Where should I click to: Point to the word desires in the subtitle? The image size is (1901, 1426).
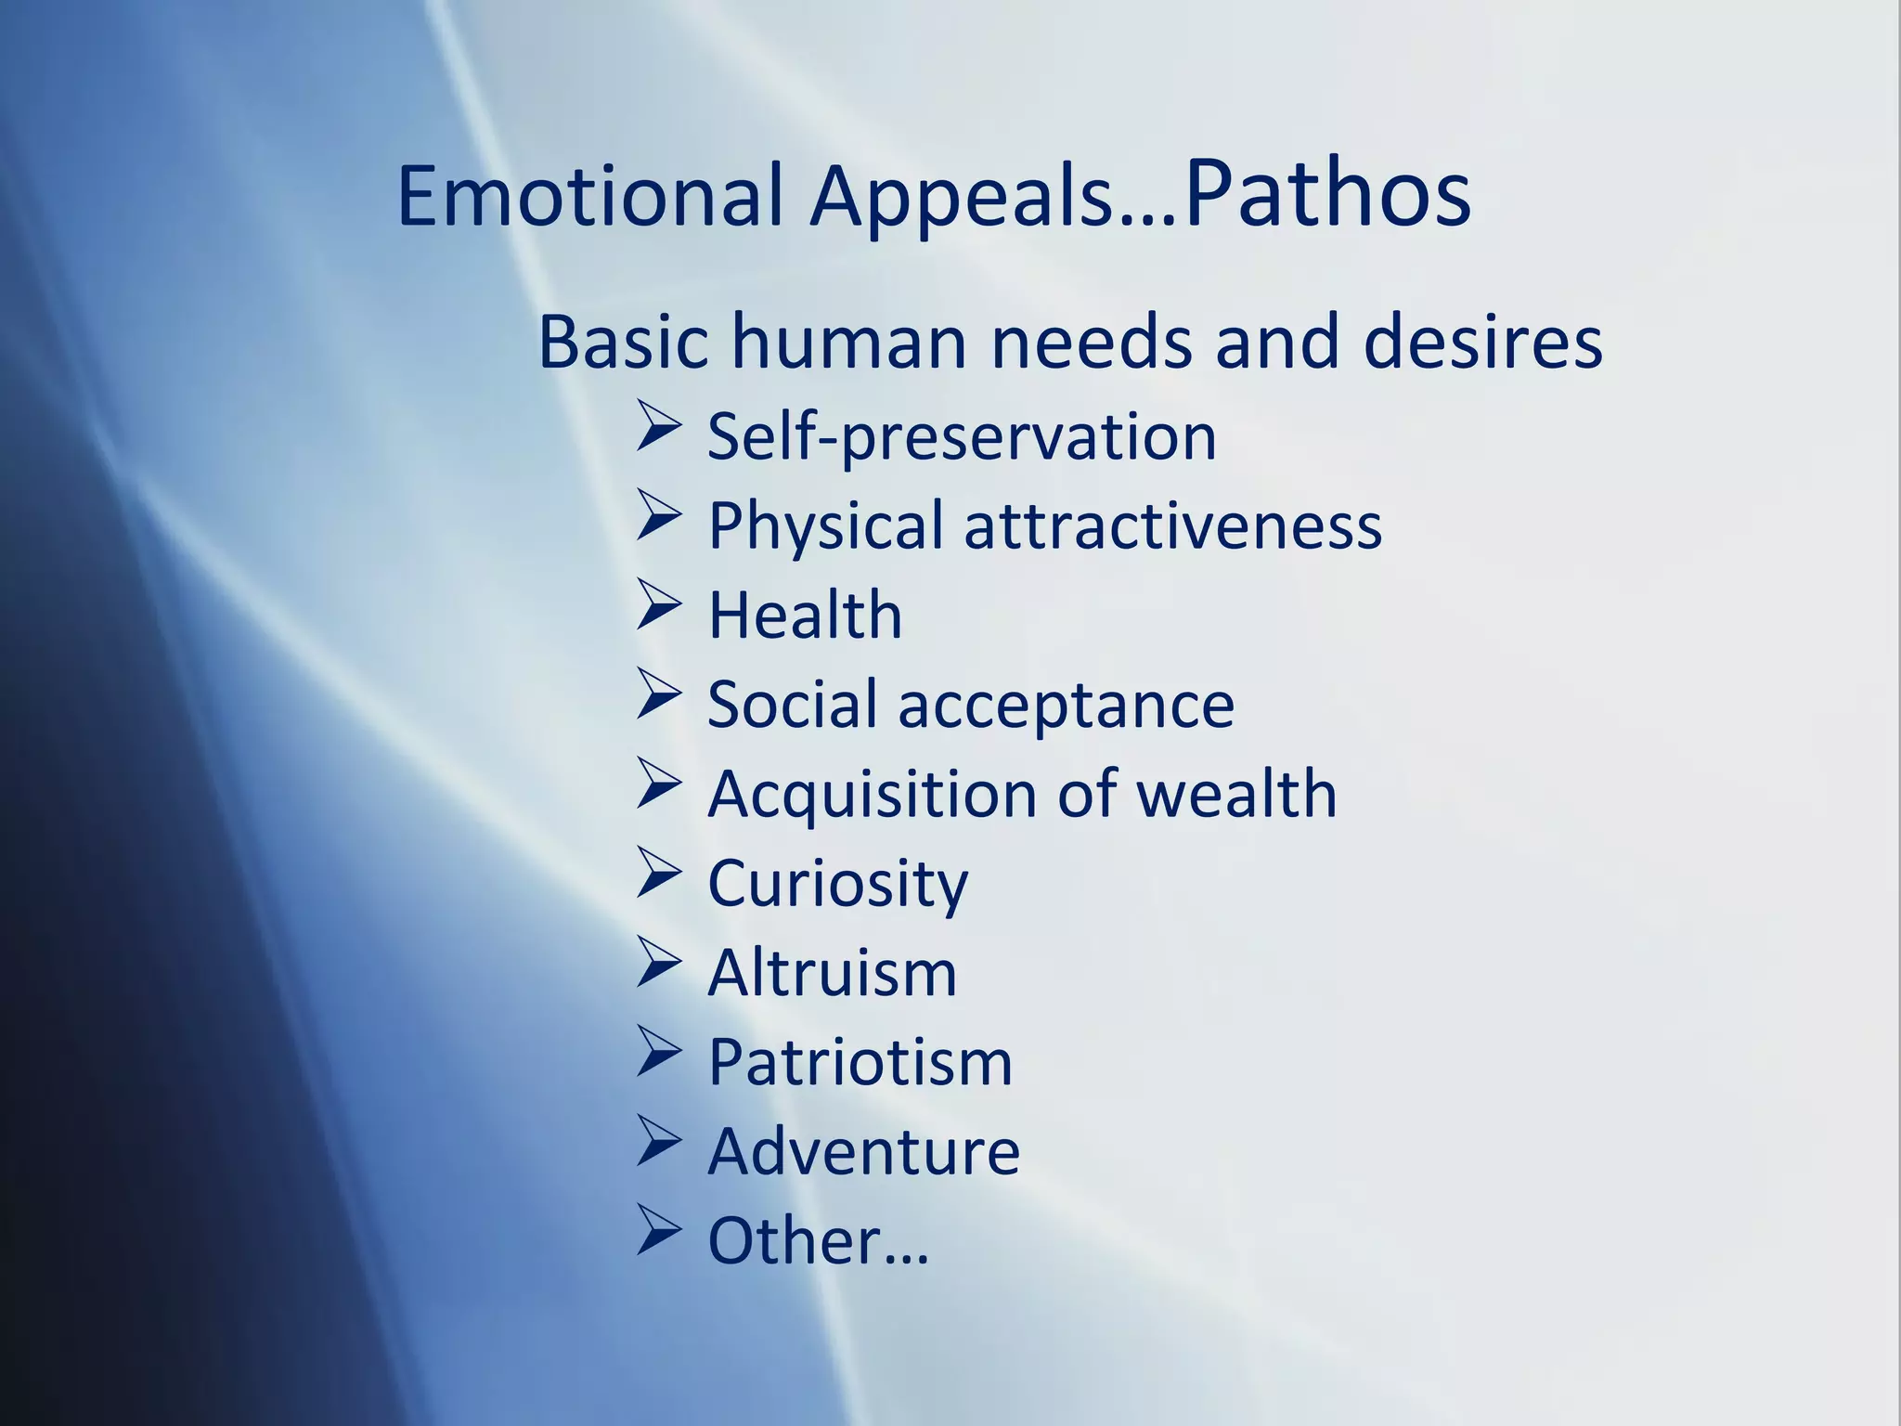pos(1482,342)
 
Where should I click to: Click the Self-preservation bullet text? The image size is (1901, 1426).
pos(962,436)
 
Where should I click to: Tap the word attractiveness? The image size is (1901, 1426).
pos(1173,525)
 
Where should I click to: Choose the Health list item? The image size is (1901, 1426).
pos(805,615)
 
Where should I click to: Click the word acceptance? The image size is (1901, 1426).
pos(1067,705)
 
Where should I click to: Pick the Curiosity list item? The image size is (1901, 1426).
pos(837,883)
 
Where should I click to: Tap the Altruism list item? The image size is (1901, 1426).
pos(832,973)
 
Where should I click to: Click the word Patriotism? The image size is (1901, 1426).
pos(860,1062)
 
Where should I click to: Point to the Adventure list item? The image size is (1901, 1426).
pos(863,1151)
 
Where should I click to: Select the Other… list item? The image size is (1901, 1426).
pos(817,1241)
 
